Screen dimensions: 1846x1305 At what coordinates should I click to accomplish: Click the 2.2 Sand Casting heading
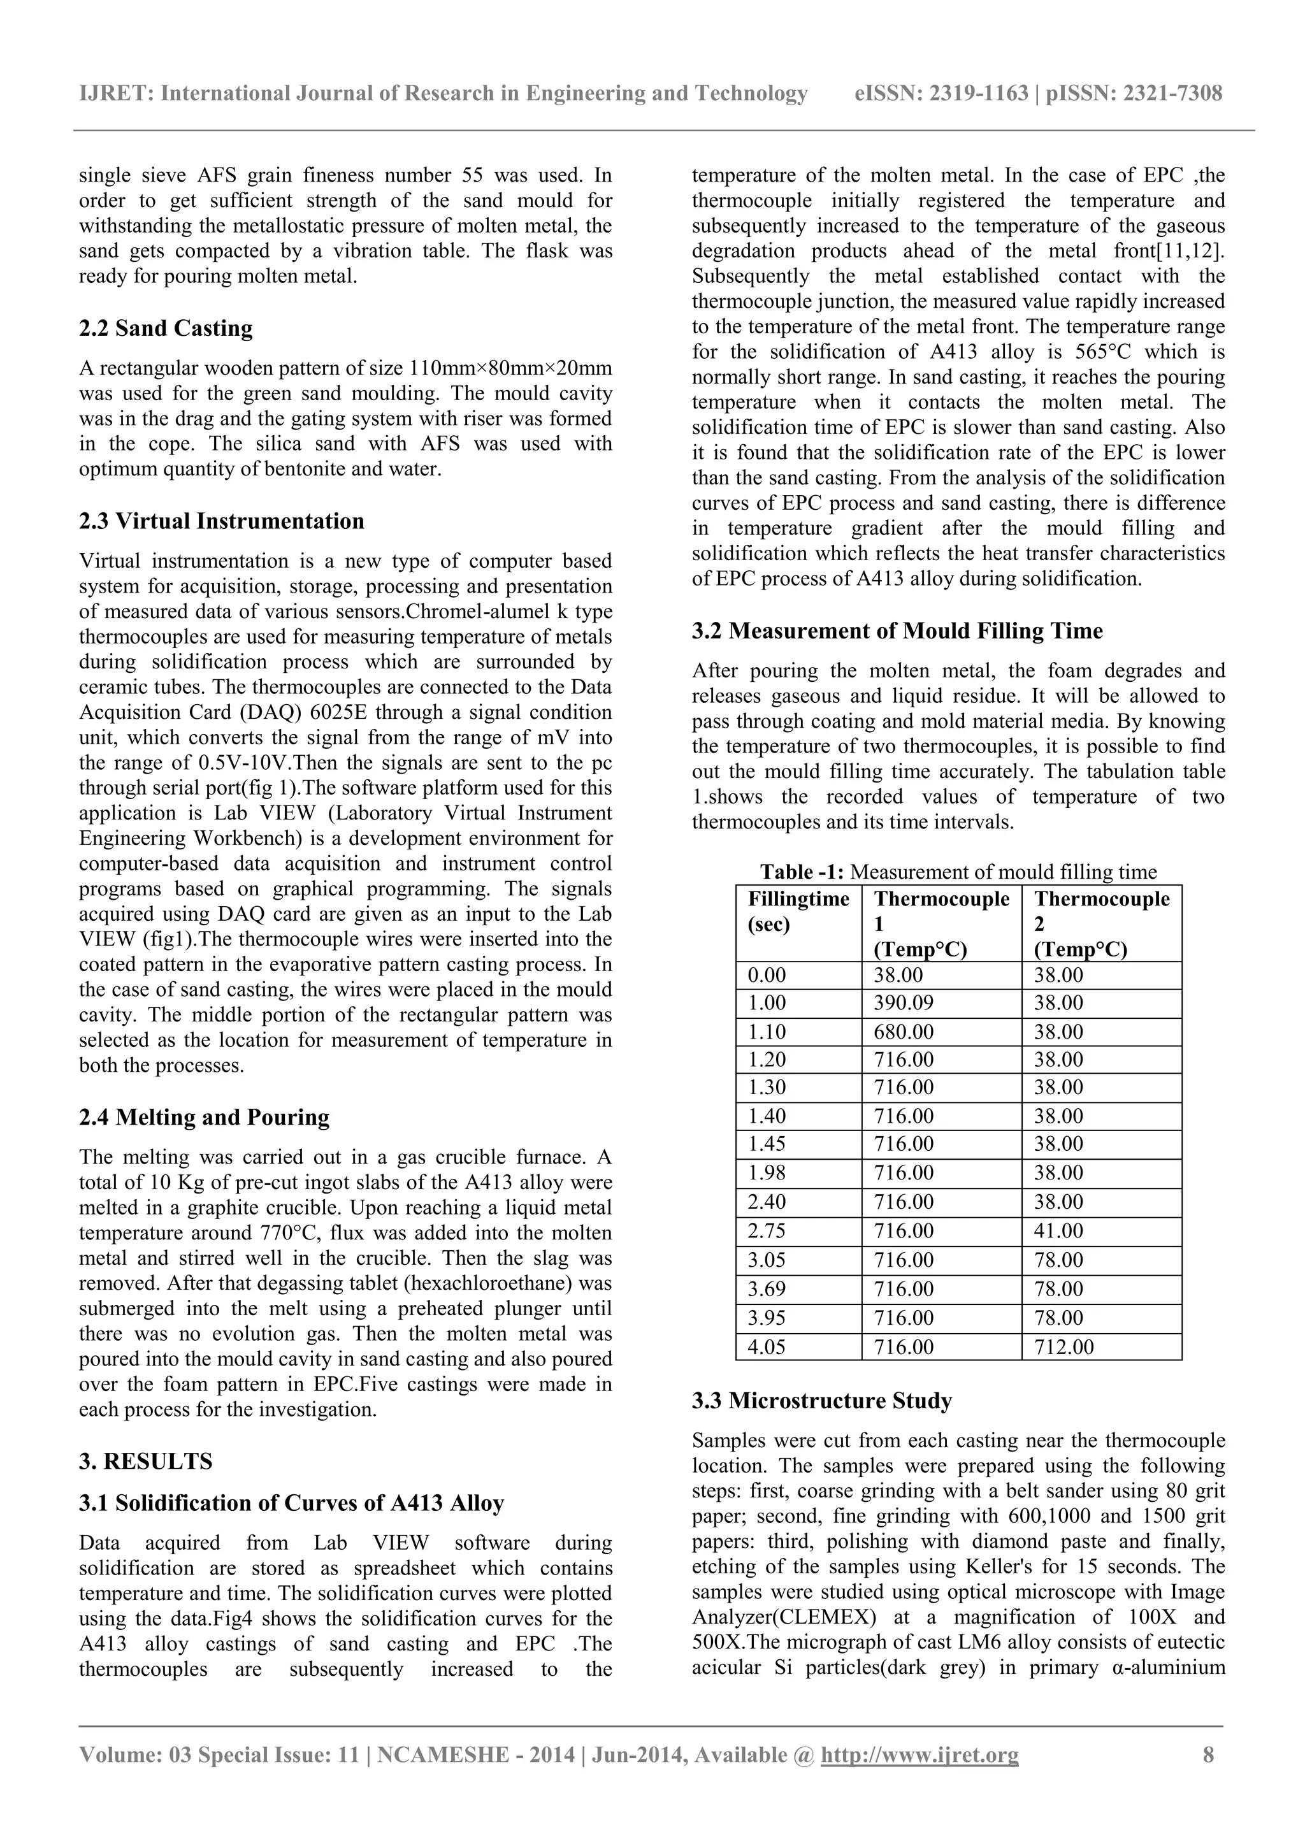pyautogui.click(x=166, y=328)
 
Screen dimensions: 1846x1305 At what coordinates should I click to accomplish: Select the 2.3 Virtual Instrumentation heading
pyautogui.click(x=221, y=521)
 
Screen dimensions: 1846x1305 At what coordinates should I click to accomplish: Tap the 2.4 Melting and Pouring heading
pyautogui.click(x=205, y=1117)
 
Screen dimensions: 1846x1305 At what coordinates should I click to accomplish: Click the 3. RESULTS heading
pyautogui.click(x=145, y=1461)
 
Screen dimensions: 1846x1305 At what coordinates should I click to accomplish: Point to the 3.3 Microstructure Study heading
pyautogui.click(x=822, y=1401)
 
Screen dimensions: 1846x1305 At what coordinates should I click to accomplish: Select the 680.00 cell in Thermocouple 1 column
pyautogui.click(x=904, y=1032)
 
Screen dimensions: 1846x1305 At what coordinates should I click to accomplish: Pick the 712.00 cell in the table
pyautogui.click(x=1063, y=1346)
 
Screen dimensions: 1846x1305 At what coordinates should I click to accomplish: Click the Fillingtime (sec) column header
pyautogui.click(x=798, y=911)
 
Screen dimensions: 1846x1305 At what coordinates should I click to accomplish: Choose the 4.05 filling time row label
pyautogui.click(x=767, y=1346)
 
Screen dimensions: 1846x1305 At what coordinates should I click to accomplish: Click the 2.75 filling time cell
pyautogui.click(x=767, y=1231)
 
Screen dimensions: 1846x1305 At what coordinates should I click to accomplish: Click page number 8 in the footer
pyautogui.click(x=1208, y=1778)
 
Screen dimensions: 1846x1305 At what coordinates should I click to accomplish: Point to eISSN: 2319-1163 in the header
pyautogui.click(x=942, y=94)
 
